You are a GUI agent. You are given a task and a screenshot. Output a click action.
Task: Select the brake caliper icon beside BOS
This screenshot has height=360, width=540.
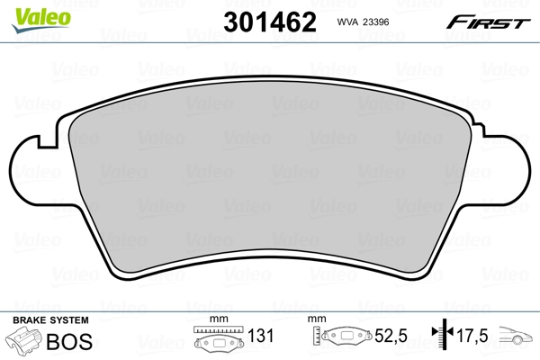pos(26,342)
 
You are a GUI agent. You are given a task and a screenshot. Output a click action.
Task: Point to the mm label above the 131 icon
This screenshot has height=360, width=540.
pos(216,319)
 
